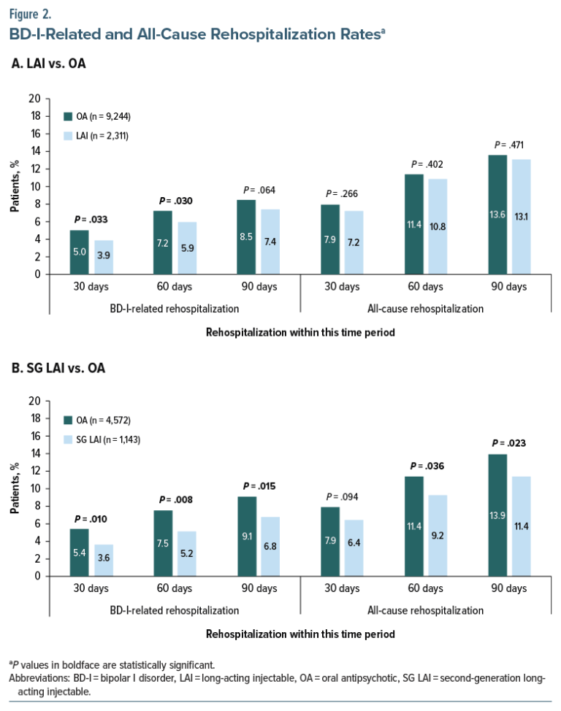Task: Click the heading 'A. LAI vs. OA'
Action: (x=49, y=64)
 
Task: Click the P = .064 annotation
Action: (x=259, y=191)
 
